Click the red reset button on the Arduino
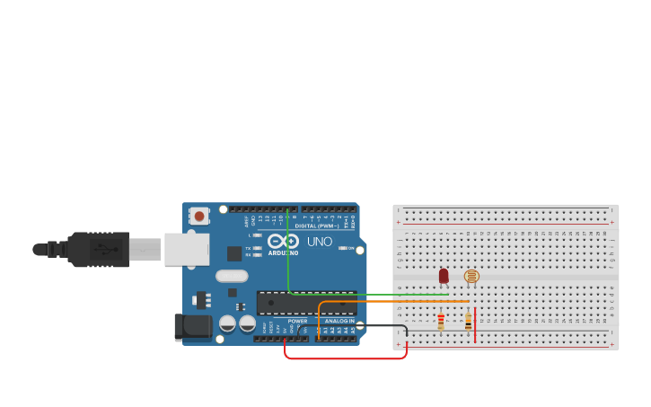click(198, 216)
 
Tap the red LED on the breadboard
click(444, 276)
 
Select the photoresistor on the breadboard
click(471, 276)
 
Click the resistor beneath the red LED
click(441, 321)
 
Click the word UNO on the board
click(320, 242)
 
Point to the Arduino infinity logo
click(282, 241)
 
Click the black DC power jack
click(192, 327)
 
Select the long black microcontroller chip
click(305, 303)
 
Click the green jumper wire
click(368, 294)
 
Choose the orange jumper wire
click(395, 301)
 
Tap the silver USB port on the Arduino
click(186, 249)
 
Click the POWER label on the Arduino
click(297, 321)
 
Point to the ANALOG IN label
click(339, 321)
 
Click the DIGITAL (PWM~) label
click(317, 226)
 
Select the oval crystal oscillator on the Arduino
click(231, 277)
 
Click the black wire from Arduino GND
click(382, 326)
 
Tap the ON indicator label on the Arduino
click(346, 248)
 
